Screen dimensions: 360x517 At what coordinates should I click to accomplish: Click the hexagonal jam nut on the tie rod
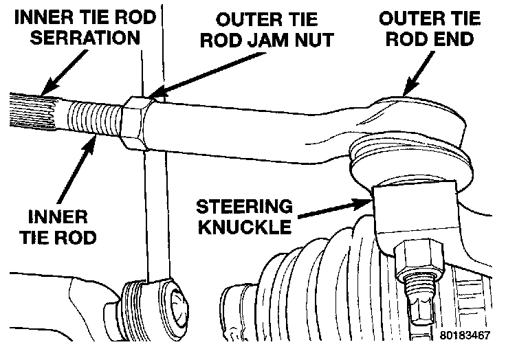tap(138, 124)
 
